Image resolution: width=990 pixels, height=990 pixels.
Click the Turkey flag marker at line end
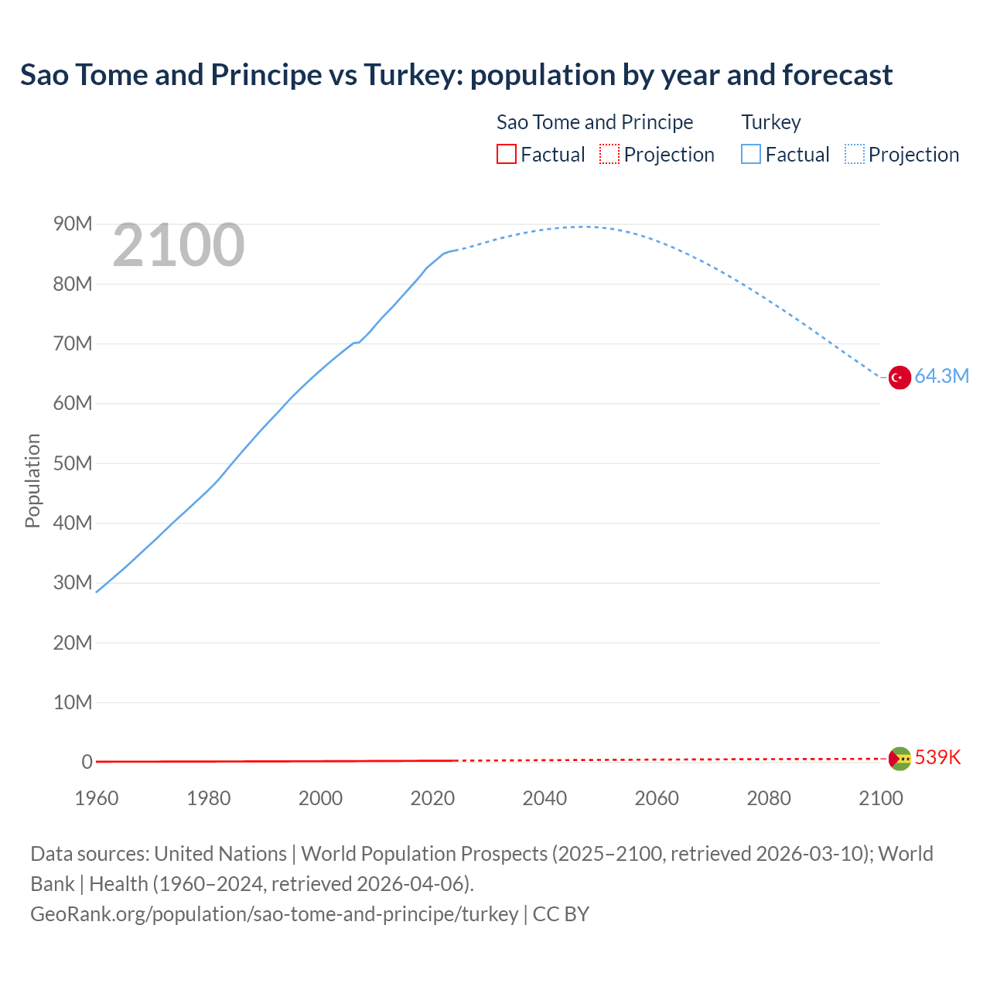click(x=900, y=377)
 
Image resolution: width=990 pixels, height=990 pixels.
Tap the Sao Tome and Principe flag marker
click(x=900, y=759)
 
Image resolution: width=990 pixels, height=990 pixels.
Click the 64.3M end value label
click(x=941, y=377)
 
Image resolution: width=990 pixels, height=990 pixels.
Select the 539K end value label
click(x=937, y=758)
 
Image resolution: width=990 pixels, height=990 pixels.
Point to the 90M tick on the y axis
click(x=73, y=224)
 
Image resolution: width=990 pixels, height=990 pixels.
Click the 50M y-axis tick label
click(x=73, y=463)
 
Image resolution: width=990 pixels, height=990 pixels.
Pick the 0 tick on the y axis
click(x=87, y=763)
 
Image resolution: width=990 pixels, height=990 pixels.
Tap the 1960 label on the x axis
click(x=97, y=798)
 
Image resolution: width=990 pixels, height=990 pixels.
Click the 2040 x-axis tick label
click(x=544, y=798)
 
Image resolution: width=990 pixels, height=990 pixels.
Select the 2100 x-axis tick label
click(x=880, y=798)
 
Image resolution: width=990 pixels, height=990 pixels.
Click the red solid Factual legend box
click(x=507, y=155)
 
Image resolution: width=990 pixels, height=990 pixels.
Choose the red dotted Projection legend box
click(x=609, y=155)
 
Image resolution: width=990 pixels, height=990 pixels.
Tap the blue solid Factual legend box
click(x=751, y=155)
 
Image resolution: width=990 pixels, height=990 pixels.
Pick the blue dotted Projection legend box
click(x=855, y=155)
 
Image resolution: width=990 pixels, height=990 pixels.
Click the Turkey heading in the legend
click(x=771, y=122)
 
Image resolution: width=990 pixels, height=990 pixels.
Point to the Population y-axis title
click(x=32, y=480)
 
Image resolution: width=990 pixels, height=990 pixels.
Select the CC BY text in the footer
click(x=561, y=914)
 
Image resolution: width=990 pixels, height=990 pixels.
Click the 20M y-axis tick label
click(x=73, y=643)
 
